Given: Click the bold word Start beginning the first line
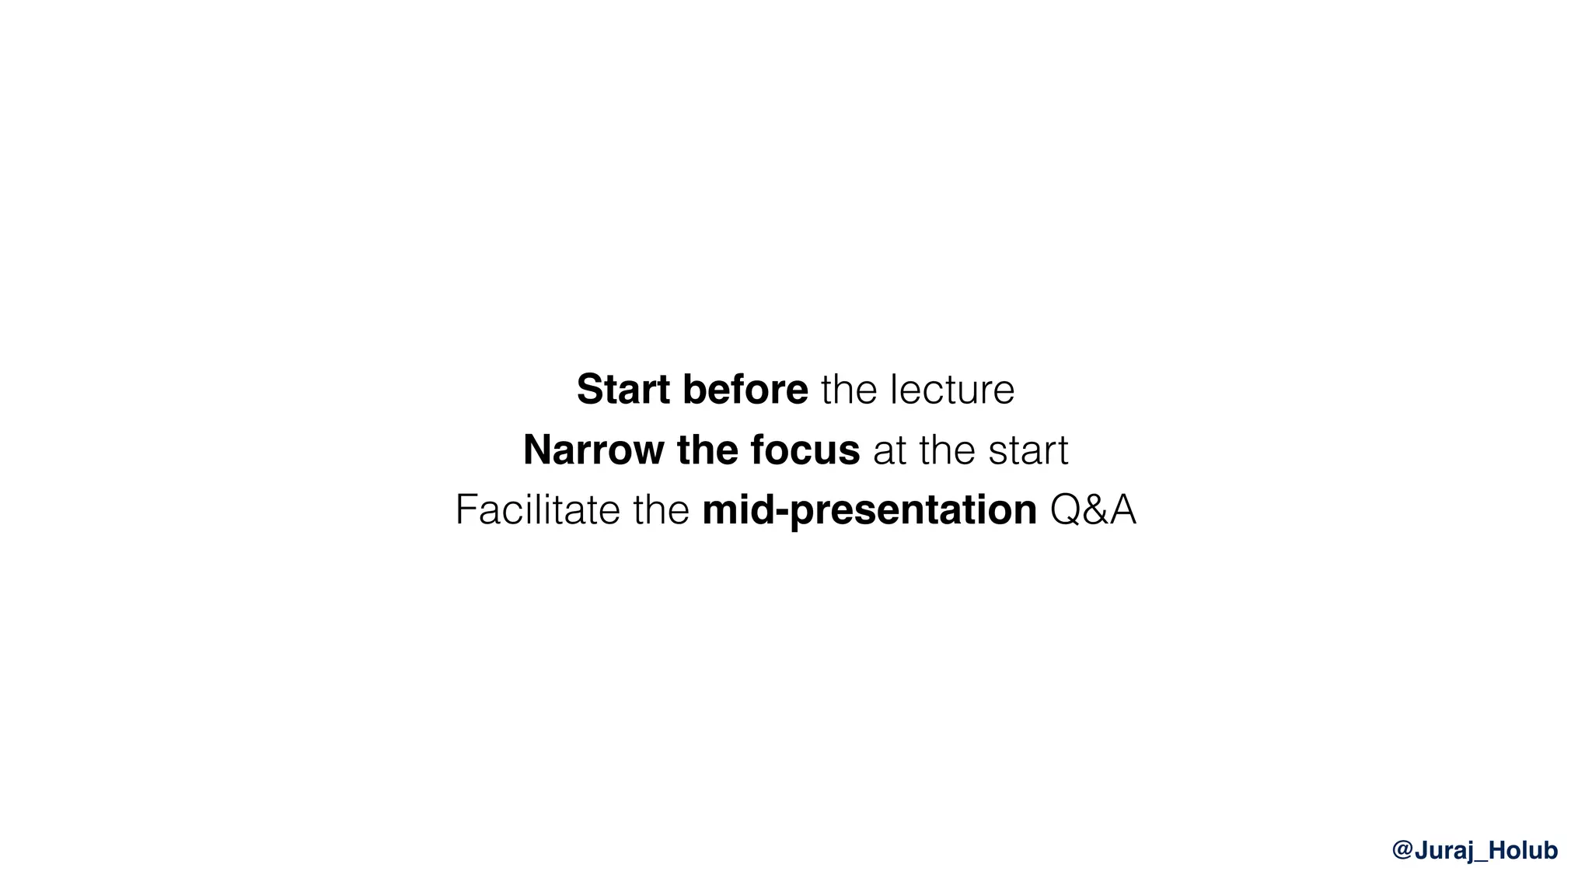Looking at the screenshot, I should point(623,389).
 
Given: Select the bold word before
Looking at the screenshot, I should point(745,389).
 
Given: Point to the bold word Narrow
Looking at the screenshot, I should point(593,450).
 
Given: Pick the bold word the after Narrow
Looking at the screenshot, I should point(707,450).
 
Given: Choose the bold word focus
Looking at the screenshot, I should point(805,450).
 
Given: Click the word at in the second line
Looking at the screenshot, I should point(890,450).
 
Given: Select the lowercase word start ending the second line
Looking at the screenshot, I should point(1028,450).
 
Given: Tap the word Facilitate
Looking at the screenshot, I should point(537,510).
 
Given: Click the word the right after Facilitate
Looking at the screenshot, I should point(661,510).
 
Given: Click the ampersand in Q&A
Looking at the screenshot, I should point(1094,510).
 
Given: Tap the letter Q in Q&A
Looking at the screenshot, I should point(1066,510).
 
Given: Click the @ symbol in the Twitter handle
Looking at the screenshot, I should point(1402,850).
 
